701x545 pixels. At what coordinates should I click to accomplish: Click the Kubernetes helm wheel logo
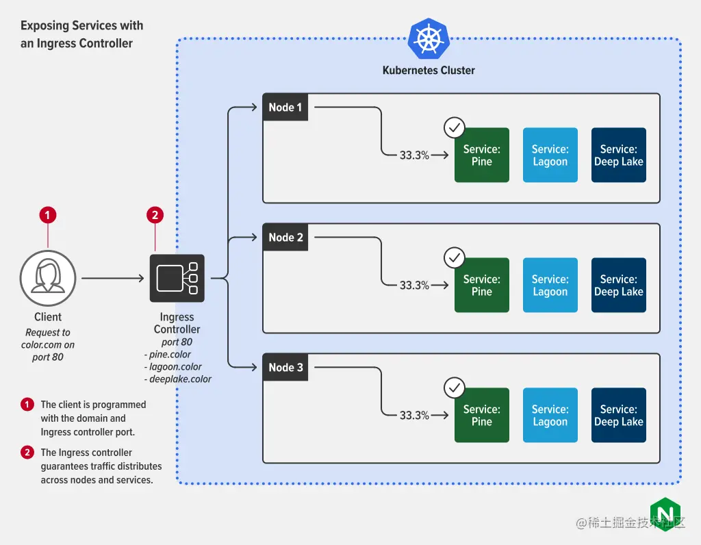click(429, 39)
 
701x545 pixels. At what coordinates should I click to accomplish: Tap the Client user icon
click(48, 278)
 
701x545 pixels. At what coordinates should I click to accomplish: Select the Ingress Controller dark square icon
click(177, 278)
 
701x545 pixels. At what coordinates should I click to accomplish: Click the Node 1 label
click(285, 107)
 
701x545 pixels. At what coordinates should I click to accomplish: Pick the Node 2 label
click(285, 238)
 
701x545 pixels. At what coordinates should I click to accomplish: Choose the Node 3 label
click(285, 368)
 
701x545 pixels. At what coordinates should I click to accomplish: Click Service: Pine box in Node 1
click(482, 155)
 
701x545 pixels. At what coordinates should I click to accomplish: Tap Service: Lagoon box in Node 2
click(550, 286)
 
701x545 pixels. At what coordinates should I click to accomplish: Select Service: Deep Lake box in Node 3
click(619, 416)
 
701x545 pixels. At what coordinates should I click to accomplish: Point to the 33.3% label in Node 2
click(414, 286)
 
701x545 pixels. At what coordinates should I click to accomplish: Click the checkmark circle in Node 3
click(455, 388)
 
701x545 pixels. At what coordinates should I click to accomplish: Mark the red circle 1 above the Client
click(47, 215)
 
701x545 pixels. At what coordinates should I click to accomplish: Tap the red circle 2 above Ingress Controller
click(155, 215)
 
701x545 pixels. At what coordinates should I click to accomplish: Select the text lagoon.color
click(175, 367)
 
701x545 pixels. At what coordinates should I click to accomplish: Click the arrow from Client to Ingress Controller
click(113, 278)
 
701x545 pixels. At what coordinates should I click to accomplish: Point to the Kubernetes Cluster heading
click(429, 70)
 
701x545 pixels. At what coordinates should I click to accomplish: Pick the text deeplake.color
click(179, 379)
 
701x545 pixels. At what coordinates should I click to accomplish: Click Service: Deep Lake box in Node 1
click(619, 155)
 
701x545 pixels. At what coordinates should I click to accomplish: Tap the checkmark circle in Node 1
click(455, 128)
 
